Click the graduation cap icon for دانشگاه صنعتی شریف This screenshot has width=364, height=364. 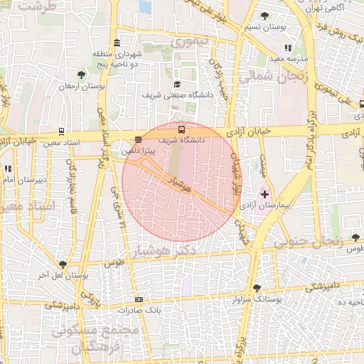pos(177,84)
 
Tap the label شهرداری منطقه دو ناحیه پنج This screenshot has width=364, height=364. pos(117,59)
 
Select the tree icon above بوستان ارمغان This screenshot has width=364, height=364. pos(80,75)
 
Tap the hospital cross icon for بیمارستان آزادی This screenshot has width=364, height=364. pos(264,193)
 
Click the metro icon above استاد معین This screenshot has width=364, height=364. pos(62,132)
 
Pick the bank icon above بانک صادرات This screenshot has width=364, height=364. pos(139,299)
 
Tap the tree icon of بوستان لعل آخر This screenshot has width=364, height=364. pos(63,264)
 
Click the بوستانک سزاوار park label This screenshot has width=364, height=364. pos(257,299)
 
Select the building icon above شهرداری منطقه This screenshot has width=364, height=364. pos(117,43)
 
